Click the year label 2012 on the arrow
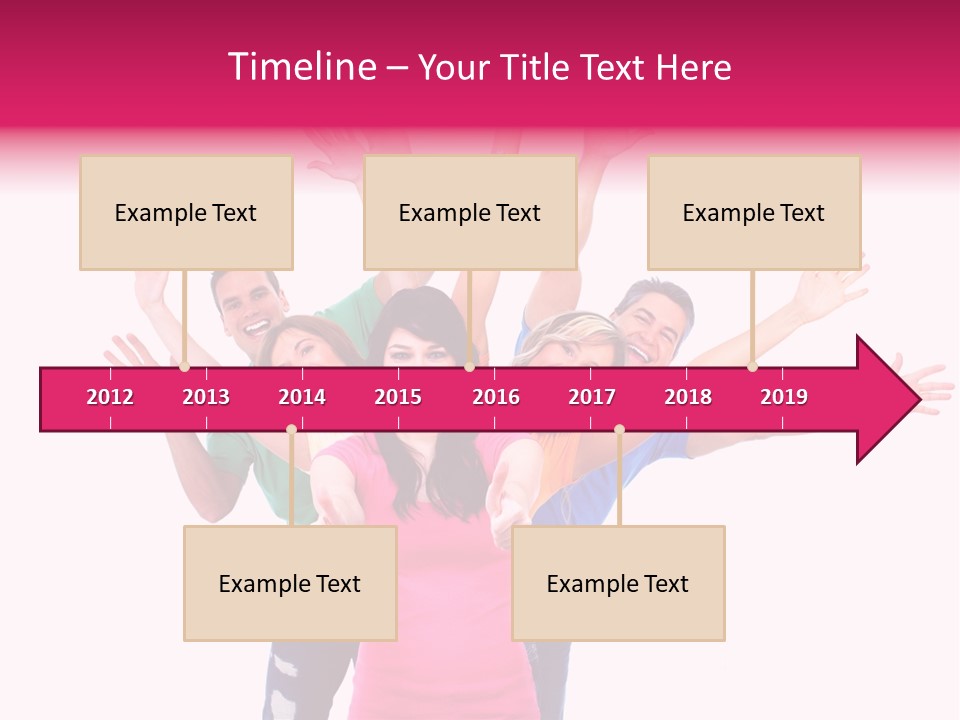tap(110, 397)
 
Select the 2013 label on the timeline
tap(206, 397)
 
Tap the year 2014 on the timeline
tap(302, 397)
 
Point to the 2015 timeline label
tap(398, 397)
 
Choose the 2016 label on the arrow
tap(496, 397)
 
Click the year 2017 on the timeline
tap(592, 397)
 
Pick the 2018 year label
tap(688, 397)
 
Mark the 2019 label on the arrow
tap(784, 397)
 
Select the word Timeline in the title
tap(300, 67)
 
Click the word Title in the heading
tap(539, 67)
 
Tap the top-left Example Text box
tap(186, 213)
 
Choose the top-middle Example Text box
tap(470, 213)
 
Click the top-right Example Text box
tap(754, 213)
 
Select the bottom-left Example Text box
tap(290, 584)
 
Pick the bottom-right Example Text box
tap(618, 584)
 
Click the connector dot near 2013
tap(184, 367)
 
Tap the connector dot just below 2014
tap(291, 430)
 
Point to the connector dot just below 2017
tap(619, 430)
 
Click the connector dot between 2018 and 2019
tap(752, 367)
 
